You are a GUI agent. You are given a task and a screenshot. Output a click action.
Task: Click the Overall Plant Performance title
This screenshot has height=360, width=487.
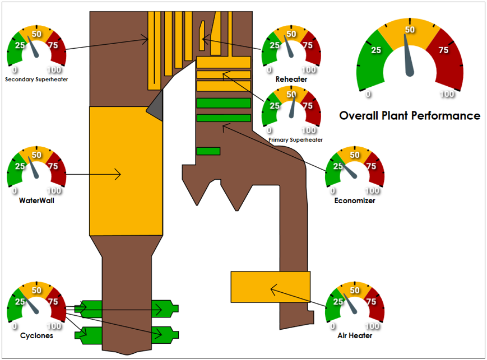tap(410, 116)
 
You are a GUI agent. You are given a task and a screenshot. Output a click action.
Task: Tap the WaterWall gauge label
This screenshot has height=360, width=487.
tap(36, 200)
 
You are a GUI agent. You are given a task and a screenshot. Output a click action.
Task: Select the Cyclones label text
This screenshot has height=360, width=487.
tap(36, 335)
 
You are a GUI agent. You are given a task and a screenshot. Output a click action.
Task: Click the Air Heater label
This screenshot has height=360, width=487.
tap(355, 335)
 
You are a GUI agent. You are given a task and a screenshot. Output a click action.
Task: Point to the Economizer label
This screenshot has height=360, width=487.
tap(355, 200)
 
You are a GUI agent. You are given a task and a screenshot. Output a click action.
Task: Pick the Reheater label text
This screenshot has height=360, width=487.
tap(291, 79)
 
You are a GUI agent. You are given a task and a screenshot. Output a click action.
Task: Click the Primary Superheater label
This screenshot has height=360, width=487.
tap(295, 140)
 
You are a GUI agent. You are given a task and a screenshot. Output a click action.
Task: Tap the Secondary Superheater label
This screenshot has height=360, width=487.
tap(36, 80)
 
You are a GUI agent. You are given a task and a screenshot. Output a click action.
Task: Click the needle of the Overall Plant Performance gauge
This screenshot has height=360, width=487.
tap(408, 56)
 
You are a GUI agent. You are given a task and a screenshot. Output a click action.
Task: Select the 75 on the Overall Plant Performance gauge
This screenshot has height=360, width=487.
tap(443, 50)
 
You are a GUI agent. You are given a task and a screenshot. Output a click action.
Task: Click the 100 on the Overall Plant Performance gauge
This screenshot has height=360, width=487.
tap(447, 93)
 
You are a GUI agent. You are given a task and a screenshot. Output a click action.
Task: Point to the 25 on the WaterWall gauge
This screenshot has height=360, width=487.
tap(20, 166)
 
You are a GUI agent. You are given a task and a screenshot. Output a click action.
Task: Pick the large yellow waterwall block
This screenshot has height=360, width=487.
tap(126, 171)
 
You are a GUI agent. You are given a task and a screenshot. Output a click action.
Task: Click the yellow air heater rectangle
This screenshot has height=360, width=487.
tap(271, 287)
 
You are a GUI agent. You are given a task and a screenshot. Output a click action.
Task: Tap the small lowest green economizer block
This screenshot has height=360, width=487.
tap(208, 151)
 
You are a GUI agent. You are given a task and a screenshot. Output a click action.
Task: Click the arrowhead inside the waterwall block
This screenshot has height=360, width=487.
tap(118, 175)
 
